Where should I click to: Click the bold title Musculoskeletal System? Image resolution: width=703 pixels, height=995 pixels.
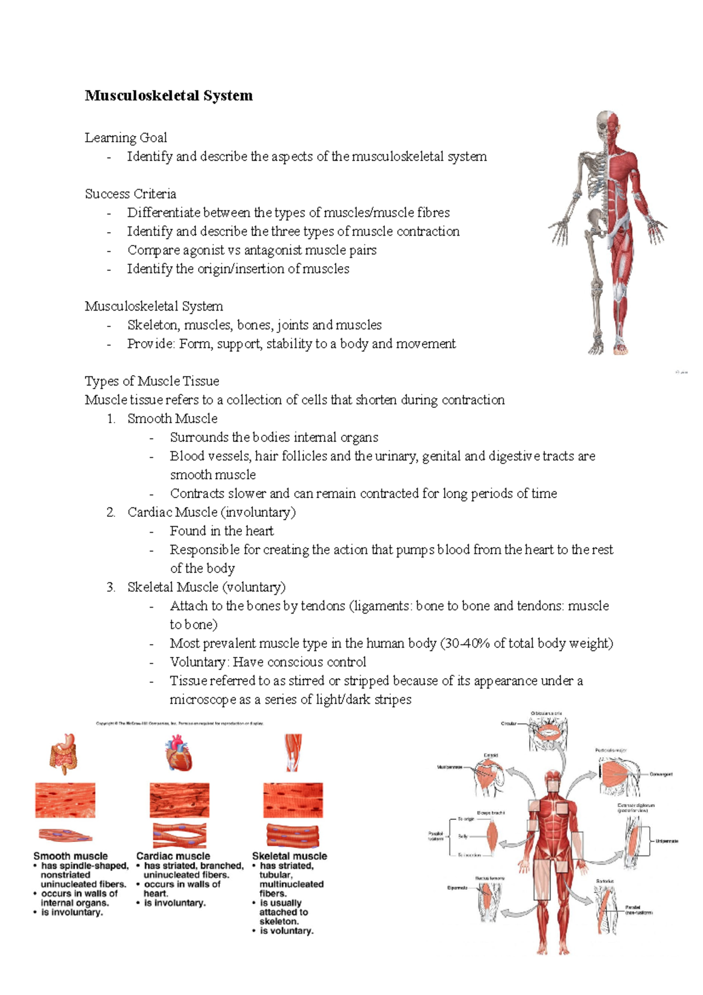[x=169, y=96]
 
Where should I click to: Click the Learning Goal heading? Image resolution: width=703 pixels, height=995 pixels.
[x=126, y=138]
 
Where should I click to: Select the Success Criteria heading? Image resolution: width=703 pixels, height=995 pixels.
[x=131, y=194]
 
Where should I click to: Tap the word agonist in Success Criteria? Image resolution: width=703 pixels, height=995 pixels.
[x=203, y=250]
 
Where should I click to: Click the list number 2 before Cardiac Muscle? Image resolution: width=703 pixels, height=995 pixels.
[x=111, y=512]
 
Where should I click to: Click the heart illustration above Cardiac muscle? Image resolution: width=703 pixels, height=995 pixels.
[x=179, y=754]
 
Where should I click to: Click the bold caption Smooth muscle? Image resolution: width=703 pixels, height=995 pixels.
[x=70, y=856]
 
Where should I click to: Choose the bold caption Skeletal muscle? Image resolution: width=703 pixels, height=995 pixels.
[x=289, y=856]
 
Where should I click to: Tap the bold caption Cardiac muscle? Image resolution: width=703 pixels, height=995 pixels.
[x=173, y=856]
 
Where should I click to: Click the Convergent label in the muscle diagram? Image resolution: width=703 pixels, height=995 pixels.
[x=661, y=774]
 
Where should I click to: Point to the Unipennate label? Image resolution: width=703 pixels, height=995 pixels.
[x=667, y=841]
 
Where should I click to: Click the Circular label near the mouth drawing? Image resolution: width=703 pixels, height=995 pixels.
[x=509, y=724]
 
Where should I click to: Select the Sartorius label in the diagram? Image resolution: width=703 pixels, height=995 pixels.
[x=605, y=881]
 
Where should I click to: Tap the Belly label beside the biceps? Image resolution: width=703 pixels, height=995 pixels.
[x=463, y=836]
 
